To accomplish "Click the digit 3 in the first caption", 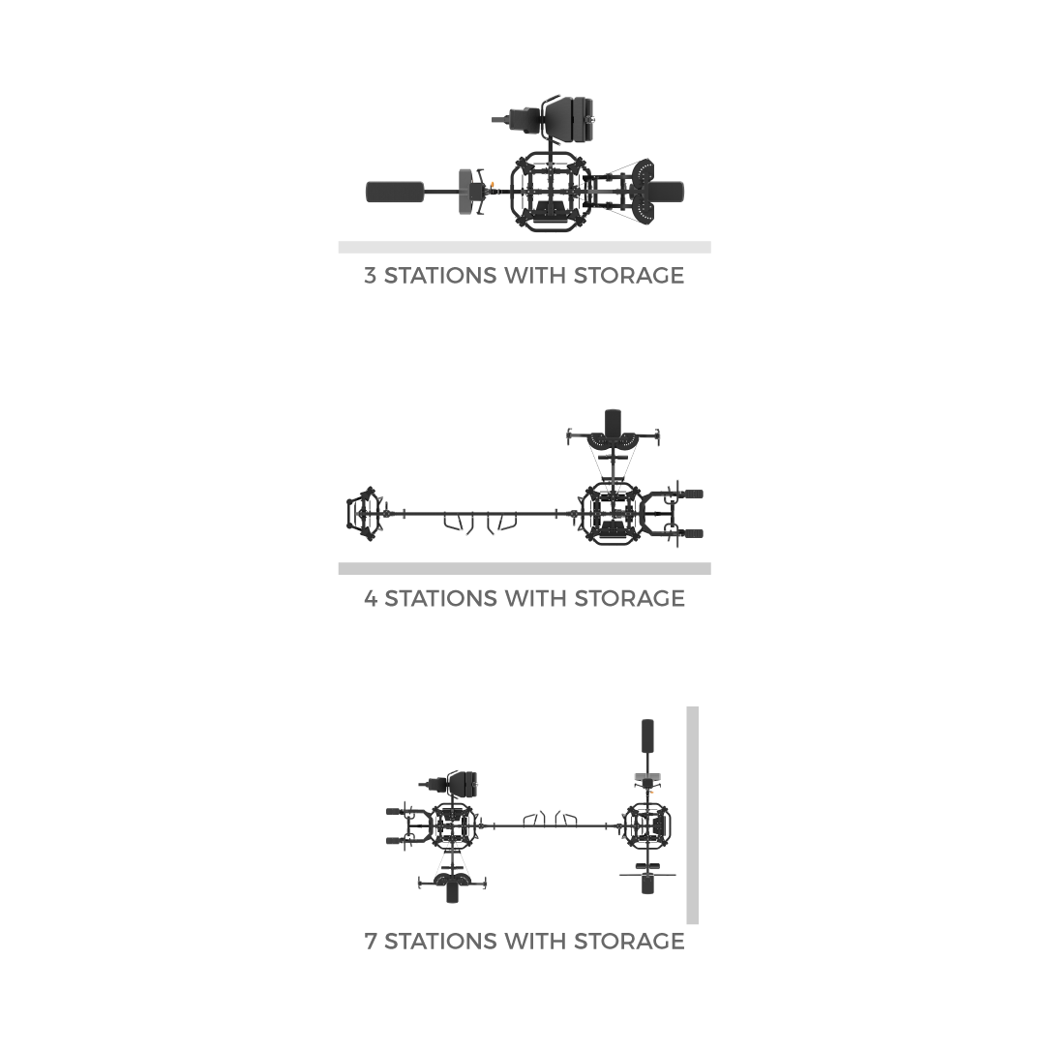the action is [x=370, y=276].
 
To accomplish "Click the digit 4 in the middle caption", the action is [x=371, y=598].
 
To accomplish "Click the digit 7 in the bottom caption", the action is [x=371, y=942].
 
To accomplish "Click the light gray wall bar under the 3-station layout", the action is [x=524, y=248].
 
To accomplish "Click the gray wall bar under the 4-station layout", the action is [x=524, y=569].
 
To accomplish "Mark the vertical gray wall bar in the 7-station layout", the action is [x=693, y=815].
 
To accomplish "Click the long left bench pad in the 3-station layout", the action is [x=395, y=192].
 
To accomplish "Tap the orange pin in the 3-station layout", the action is [x=493, y=185].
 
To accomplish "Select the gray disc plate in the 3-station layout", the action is [x=465, y=192].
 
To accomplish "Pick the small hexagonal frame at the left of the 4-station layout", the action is [x=364, y=514].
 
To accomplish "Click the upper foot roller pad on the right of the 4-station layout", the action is [x=694, y=495].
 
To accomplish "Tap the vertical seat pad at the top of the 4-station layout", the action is [x=613, y=422].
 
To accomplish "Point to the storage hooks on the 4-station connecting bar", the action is [x=480, y=522].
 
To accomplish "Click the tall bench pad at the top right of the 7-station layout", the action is [x=647, y=735].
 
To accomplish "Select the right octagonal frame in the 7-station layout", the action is [x=647, y=826].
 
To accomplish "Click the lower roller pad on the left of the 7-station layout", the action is [x=394, y=841].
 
